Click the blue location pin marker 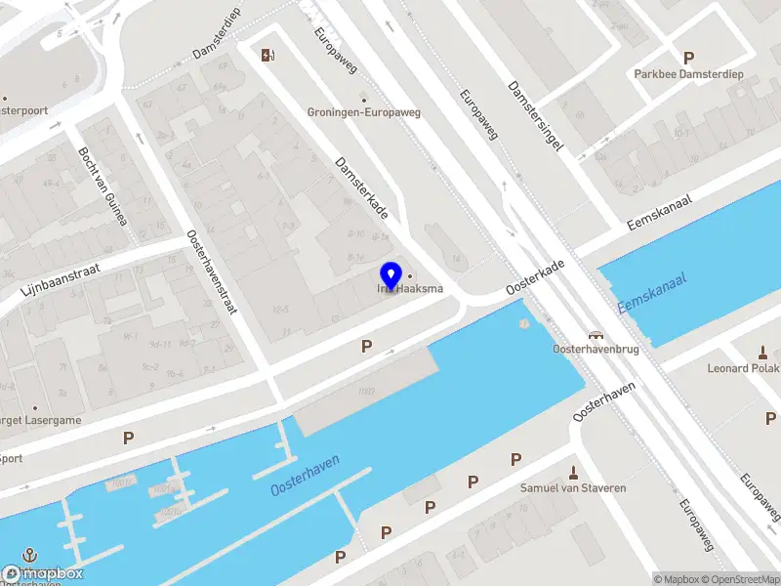pyautogui.click(x=391, y=275)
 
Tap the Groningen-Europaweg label pyautogui.click(x=364, y=112)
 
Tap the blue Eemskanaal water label pyautogui.click(x=652, y=292)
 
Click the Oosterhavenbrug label pyautogui.click(x=595, y=349)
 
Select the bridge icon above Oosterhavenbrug pyautogui.click(x=595, y=334)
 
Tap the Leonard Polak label pyautogui.click(x=743, y=368)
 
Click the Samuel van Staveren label pyautogui.click(x=572, y=487)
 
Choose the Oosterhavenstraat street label pyautogui.click(x=212, y=271)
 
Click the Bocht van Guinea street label pyautogui.click(x=103, y=186)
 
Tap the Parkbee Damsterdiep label pyautogui.click(x=688, y=73)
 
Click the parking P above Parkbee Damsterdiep pyautogui.click(x=688, y=58)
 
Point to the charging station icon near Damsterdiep pyautogui.click(x=267, y=55)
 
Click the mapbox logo pyautogui.click(x=42, y=574)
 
